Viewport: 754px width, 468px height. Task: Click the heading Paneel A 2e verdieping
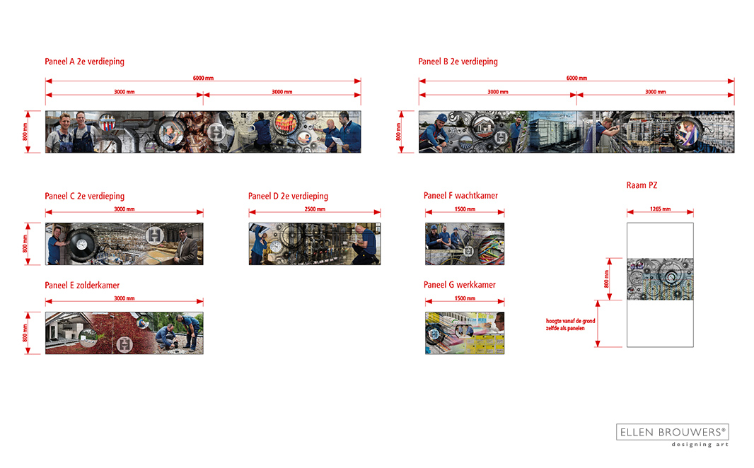click(x=84, y=62)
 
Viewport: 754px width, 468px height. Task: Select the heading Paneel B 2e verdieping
click(x=458, y=62)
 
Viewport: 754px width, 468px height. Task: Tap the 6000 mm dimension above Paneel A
click(x=203, y=78)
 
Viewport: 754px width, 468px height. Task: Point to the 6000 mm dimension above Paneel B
click(x=576, y=78)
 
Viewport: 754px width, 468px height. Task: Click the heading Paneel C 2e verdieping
click(x=84, y=196)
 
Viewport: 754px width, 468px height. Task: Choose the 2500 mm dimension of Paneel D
click(x=315, y=209)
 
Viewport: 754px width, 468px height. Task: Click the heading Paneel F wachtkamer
click(x=460, y=196)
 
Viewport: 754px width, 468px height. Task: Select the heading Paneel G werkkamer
click(x=459, y=285)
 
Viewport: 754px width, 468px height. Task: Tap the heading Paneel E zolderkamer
click(x=82, y=286)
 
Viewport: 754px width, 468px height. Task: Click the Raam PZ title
click(x=642, y=185)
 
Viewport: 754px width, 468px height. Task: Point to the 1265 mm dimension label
click(x=660, y=209)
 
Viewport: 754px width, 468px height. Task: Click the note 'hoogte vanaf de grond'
click(x=570, y=321)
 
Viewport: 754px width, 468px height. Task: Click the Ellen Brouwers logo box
click(x=672, y=432)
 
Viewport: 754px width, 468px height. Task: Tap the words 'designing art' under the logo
click(x=700, y=445)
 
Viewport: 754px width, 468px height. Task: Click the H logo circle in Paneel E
click(x=124, y=344)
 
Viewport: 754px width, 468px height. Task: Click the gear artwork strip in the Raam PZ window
click(x=660, y=279)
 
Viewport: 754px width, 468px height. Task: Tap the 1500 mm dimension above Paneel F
click(x=465, y=209)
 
